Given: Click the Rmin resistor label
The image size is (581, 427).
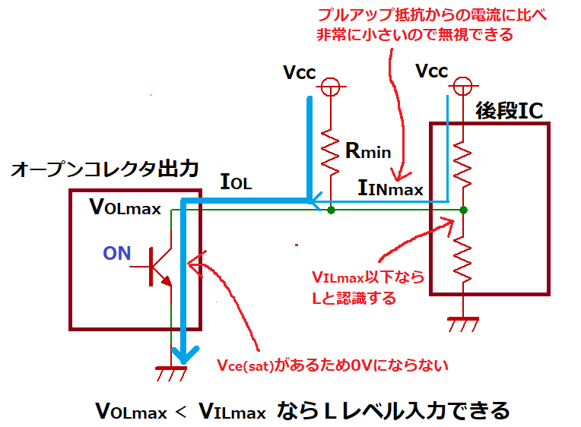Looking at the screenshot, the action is (x=368, y=150).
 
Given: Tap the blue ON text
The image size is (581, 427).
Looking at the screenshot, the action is (x=116, y=253).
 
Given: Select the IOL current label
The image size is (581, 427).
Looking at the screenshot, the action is (x=236, y=182).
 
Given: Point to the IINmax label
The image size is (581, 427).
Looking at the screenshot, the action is (x=391, y=188).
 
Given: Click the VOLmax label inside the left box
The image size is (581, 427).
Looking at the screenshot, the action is (x=125, y=207).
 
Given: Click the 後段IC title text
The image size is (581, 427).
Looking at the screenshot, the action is (x=509, y=110).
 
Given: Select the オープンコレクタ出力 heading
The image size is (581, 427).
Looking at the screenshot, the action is (x=105, y=169).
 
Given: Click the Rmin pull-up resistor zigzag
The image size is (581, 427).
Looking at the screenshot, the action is (x=331, y=152).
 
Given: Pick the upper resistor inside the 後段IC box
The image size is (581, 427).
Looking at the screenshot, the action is (x=462, y=164).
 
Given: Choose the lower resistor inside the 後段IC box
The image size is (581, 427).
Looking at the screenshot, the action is (x=462, y=259).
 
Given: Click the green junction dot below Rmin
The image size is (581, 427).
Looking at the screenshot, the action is (x=332, y=210).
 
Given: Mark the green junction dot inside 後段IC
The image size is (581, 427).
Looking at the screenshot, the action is (x=463, y=210).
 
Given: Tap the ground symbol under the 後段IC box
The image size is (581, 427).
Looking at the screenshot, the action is (x=463, y=324).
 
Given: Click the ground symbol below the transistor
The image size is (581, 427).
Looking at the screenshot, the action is (x=171, y=373).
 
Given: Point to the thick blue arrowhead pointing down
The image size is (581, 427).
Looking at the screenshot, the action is (x=185, y=355).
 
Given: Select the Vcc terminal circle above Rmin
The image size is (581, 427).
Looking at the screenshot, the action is (x=331, y=87).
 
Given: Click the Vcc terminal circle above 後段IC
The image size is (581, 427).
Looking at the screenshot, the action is (x=462, y=86).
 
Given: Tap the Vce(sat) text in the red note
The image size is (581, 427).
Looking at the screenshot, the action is (x=245, y=365).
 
